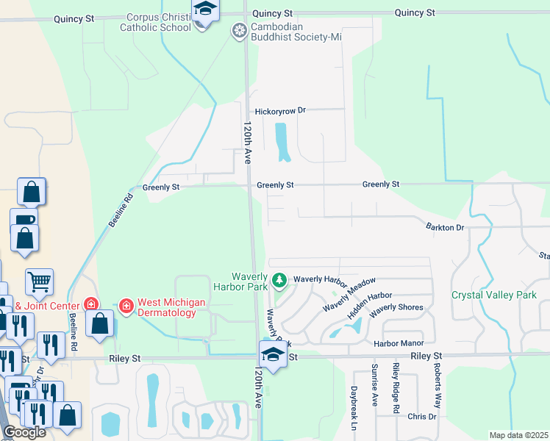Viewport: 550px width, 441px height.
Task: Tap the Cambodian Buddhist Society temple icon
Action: pos(239,31)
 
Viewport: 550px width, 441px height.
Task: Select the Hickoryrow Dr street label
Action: pos(280,110)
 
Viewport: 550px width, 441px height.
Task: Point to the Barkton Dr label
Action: pos(445,228)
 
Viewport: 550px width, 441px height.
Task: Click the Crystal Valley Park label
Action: pos(494,295)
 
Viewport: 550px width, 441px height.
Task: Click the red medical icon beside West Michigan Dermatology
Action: pos(126,304)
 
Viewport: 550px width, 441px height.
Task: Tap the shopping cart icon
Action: pos(39,280)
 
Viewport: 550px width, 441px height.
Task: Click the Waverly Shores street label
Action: pos(396,308)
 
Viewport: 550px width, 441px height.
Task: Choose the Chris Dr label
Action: pos(421,417)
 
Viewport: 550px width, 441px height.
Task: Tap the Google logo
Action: pos(25,432)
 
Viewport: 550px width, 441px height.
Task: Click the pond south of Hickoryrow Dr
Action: pos(281,142)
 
